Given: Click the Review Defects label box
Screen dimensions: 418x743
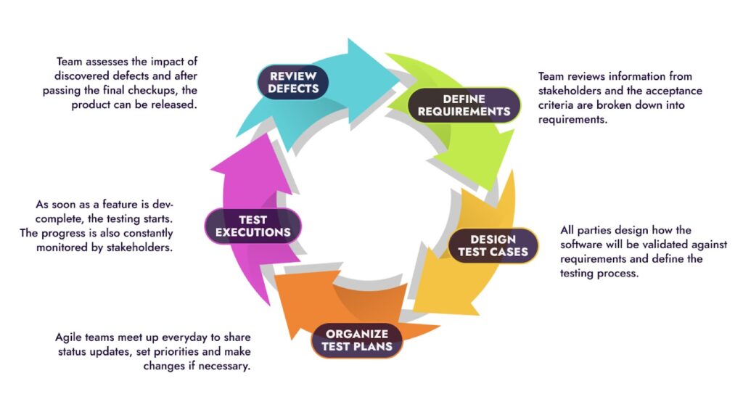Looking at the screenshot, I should [293, 82].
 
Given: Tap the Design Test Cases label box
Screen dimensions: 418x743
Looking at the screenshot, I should [493, 245].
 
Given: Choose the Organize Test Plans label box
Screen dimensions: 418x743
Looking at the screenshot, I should [357, 340].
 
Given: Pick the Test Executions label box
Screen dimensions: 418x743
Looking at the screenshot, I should [253, 226].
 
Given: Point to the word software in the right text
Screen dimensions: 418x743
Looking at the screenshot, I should [586, 245].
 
